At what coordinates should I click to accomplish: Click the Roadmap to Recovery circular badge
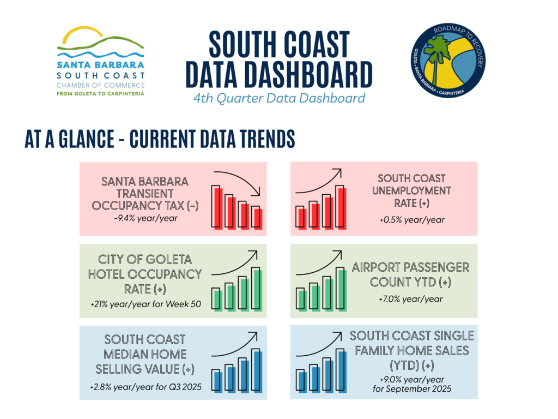pos(448,61)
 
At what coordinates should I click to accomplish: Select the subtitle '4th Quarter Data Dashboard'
pos(279,98)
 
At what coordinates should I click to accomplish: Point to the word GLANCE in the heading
pos(87,139)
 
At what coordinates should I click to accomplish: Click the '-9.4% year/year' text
pos(145,218)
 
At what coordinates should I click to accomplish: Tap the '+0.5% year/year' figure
pos(412,220)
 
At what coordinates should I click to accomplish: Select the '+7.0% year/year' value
pos(411,299)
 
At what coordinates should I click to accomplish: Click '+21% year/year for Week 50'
pos(145,304)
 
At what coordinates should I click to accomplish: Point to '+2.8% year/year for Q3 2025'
pos(145,387)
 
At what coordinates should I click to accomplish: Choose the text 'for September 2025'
pos(412,388)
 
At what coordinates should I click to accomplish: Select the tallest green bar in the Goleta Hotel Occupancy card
pos(257,289)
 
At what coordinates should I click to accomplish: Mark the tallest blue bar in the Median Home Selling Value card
pos(257,370)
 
